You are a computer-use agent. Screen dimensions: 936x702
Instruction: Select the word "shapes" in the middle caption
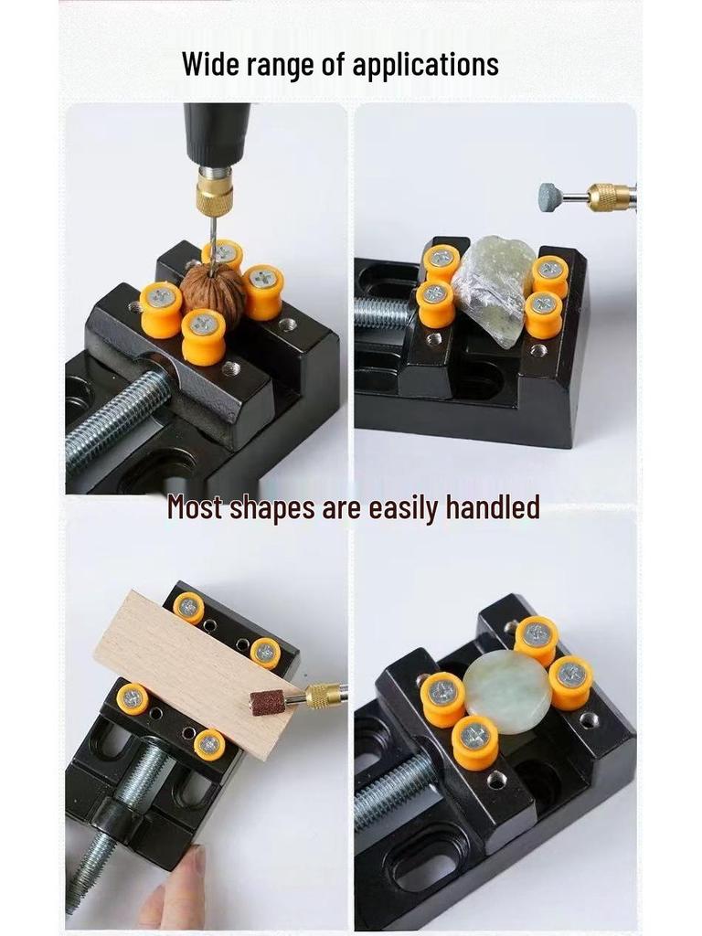tap(272, 507)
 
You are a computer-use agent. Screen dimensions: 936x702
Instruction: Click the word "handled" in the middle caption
tap(492, 507)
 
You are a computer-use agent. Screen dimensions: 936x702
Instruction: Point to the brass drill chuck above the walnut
tap(215, 195)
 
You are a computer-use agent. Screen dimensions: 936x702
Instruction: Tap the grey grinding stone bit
tap(550, 197)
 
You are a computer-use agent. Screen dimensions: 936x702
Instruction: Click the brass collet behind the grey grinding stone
tap(609, 197)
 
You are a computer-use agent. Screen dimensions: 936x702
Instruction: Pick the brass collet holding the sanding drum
tap(323, 696)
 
